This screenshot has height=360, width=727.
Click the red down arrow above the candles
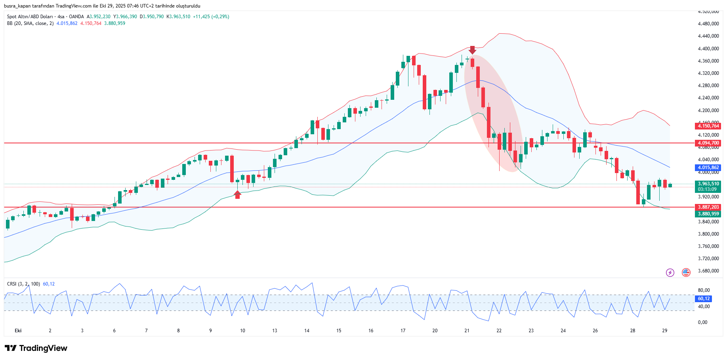tap(472, 50)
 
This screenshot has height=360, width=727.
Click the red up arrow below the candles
tap(237, 194)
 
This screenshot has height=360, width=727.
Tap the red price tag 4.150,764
tap(708, 126)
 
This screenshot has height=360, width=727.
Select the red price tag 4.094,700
tap(708, 143)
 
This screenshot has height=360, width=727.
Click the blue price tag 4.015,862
tap(708, 168)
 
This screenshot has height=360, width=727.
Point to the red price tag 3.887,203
tap(708, 207)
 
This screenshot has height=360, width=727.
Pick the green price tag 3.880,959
tap(708, 214)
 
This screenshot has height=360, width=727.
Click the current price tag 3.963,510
tap(708, 184)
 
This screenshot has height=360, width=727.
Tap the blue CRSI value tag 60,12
tap(704, 299)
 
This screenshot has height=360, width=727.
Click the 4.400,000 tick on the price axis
tap(708, 48)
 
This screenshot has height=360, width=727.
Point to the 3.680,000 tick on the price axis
tap(708, 271)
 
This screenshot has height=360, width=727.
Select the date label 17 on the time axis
tap(403, 331)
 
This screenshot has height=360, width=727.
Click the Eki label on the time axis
tap(18, 331)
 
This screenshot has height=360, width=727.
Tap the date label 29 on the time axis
tap(665, 331)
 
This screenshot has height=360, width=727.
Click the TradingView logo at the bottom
tap(36, 348)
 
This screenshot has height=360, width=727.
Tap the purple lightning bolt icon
tap(670, 272)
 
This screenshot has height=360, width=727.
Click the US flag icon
tap(686, 272)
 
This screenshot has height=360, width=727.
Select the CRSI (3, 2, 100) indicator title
tap(23, 284)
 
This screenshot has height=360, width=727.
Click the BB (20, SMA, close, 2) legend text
tap(30, 23)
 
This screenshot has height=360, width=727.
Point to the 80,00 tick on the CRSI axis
tap(704, 290)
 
